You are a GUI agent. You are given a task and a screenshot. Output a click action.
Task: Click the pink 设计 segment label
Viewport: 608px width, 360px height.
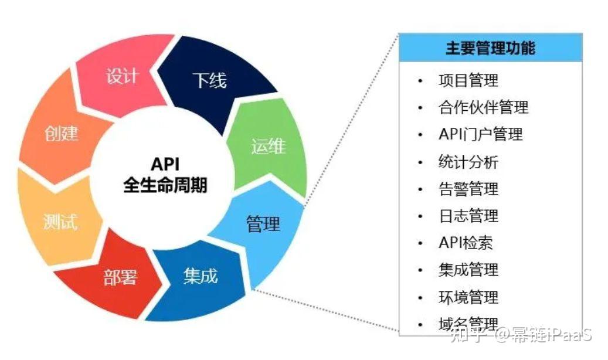123,76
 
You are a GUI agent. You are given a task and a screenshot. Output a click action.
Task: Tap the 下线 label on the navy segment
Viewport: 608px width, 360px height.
210,80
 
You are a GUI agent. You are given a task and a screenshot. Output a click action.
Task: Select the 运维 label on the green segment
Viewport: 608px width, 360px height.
269,146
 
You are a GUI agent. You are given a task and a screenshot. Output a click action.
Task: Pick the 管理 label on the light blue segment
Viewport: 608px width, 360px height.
263,224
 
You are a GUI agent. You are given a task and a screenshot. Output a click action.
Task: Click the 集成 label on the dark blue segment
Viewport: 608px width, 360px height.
201,276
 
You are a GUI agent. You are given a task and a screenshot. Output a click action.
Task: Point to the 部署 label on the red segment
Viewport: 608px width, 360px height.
120,277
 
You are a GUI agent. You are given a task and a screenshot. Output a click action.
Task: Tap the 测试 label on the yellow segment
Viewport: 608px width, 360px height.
60,222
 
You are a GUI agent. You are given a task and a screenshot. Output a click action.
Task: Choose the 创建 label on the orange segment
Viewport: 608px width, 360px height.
61,133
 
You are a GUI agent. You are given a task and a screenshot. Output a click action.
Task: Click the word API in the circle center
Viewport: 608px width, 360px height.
165,164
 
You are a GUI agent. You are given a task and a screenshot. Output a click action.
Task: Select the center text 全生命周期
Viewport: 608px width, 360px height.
165,185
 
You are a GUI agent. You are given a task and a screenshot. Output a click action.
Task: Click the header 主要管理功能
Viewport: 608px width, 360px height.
491,48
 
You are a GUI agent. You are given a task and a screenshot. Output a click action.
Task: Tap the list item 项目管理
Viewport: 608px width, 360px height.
468,80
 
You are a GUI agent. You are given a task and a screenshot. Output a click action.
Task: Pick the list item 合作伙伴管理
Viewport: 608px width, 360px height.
484,107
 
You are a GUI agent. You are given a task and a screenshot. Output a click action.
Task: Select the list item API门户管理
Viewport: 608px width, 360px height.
481,135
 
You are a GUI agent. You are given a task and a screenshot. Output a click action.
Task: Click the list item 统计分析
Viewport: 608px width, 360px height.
468,162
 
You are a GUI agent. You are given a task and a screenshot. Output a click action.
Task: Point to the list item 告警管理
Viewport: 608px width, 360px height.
468,189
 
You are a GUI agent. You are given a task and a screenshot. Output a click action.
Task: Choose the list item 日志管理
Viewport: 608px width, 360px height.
468,216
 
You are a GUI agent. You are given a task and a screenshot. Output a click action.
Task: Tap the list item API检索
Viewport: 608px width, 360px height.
466,243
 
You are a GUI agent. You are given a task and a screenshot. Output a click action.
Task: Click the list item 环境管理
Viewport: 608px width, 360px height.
468,297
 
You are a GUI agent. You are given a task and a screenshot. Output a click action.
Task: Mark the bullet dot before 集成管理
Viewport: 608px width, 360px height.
420,270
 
